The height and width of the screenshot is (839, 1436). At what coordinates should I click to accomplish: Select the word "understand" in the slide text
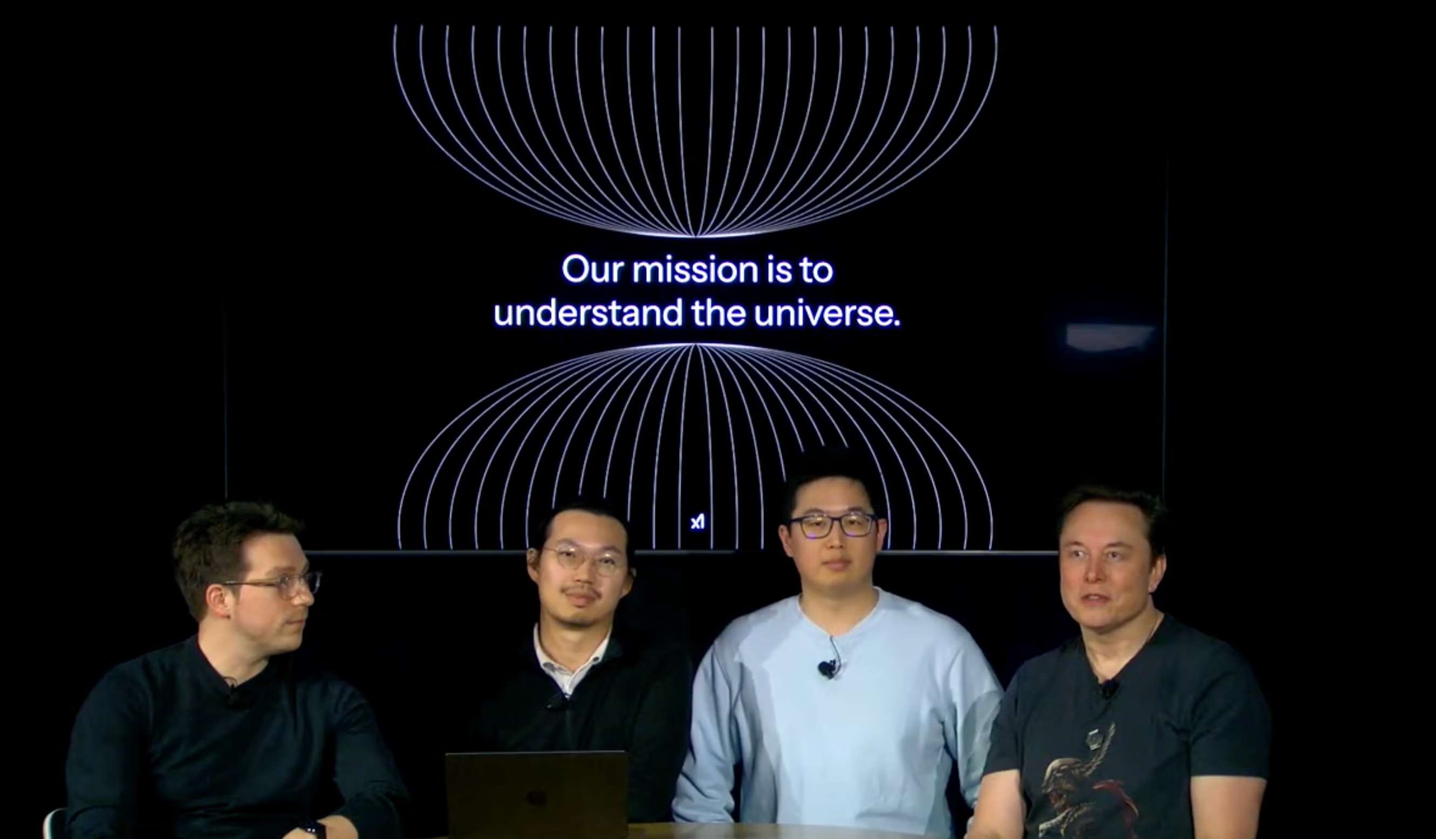(x=587, y=314)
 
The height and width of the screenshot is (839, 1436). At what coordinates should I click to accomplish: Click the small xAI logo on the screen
(x=698, y=522)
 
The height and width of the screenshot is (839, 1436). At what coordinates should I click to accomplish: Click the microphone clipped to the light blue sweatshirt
(x=826, y=668)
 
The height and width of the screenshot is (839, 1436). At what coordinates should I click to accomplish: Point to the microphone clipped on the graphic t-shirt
(x=1109, y=691)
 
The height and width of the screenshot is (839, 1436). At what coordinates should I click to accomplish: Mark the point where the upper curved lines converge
(x=695, y=235)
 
